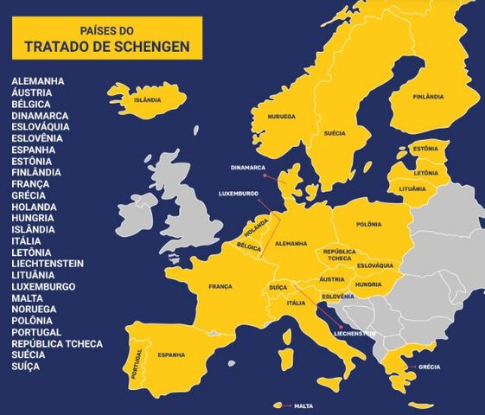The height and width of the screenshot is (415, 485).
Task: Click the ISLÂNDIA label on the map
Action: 147,100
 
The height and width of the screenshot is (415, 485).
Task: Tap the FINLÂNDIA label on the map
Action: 428,96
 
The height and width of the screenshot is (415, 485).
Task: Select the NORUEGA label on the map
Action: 281,117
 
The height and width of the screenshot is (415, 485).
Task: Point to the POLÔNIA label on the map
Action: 368,224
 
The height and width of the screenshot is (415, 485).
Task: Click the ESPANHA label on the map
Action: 170,354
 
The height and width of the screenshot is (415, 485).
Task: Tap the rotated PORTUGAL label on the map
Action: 137,364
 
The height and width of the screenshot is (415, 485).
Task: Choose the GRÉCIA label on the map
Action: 429,367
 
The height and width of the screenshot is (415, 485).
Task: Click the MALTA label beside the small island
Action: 303,405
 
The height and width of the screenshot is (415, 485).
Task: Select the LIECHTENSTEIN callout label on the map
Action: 354,333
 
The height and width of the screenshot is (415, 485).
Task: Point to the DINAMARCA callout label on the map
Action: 247,167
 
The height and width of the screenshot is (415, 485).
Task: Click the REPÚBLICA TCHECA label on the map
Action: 339,255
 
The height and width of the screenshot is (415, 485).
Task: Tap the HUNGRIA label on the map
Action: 368,284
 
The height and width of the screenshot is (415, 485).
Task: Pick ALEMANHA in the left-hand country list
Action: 37,81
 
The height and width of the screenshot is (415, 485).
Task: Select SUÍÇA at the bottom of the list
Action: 25,367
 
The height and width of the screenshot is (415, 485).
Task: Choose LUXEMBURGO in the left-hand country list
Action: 43,286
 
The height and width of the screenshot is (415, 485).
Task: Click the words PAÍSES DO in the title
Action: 107,29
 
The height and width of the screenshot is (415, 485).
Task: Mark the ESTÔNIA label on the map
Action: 424,149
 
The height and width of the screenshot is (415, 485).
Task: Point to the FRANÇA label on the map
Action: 220,286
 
